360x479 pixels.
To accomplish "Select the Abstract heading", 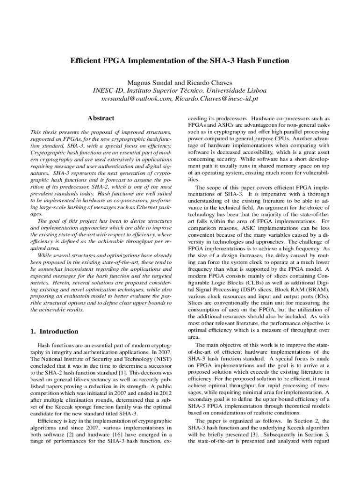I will click(x=101, y=119).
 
